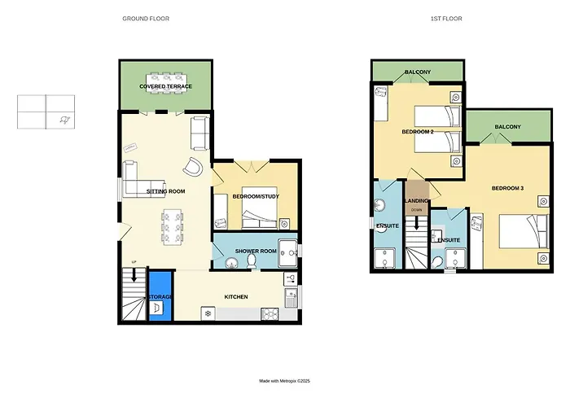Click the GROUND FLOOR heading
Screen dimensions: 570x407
click(146, 19)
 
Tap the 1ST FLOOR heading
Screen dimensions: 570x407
click(446, 19)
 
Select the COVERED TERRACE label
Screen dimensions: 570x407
click(166, 86)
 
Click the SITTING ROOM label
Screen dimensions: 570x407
click(166, 191)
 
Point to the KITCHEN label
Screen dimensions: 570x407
click(236, 297)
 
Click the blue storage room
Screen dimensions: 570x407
click(160, 295)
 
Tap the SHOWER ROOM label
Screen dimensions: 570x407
click(256, 251)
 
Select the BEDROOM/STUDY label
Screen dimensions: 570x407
click(256, 197)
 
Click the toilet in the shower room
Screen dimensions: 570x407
click(251, 261)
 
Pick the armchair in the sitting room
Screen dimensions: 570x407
click(193, 167)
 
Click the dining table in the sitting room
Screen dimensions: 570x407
click(173, 227)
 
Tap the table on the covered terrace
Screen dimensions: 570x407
click(166, 83)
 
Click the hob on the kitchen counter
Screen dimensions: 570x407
click(270, 314)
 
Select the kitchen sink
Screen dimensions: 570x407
click(292, 298)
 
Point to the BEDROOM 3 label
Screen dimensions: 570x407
click(507, 188)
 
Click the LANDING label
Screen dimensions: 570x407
click(417, 201)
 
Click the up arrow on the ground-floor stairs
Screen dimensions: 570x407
click(134, 275)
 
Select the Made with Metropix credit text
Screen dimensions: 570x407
click(285, 381)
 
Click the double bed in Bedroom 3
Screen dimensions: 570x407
click(524, 231)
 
